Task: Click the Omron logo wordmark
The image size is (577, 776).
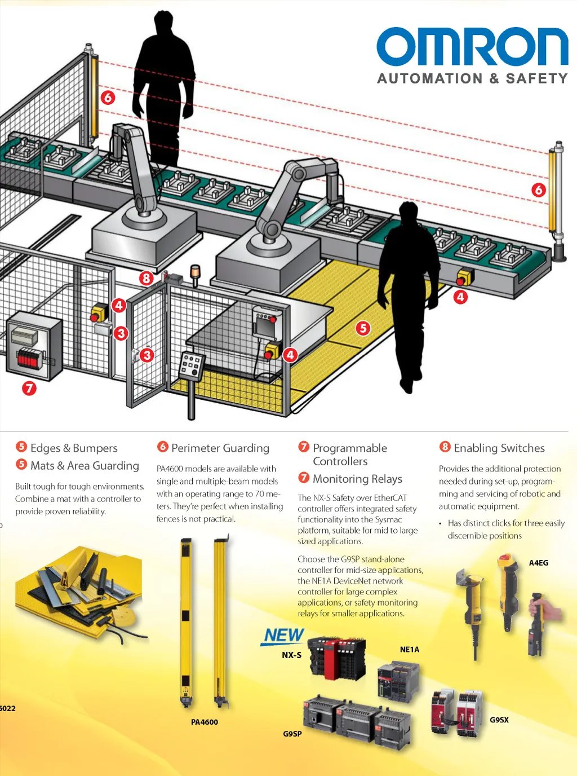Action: coord(472,47)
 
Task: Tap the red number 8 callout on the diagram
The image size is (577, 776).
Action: coord(146,278)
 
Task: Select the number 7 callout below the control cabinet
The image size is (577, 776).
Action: coord(29,388)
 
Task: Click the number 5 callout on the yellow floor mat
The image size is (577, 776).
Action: coord(363,328)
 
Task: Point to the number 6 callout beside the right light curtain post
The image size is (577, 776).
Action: coord(539,189)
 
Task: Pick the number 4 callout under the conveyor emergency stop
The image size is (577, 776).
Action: coord(460,297)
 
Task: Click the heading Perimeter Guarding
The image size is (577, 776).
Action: coord(220,448)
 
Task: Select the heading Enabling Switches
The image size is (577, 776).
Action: coord(499,448)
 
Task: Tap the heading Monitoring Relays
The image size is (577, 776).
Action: coord(357,479)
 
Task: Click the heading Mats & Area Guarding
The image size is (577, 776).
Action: coord(85,466)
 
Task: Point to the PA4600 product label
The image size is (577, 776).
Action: coord(204,722)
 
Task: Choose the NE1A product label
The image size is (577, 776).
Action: coord(410,650)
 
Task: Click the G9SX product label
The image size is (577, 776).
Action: coord(499,720)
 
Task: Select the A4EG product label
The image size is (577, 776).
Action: coord(539,563)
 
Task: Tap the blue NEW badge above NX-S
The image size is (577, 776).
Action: coord(283,636)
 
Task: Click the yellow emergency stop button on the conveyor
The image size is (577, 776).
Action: coord(464,277)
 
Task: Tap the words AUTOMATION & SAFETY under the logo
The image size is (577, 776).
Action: coord(472,78)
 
